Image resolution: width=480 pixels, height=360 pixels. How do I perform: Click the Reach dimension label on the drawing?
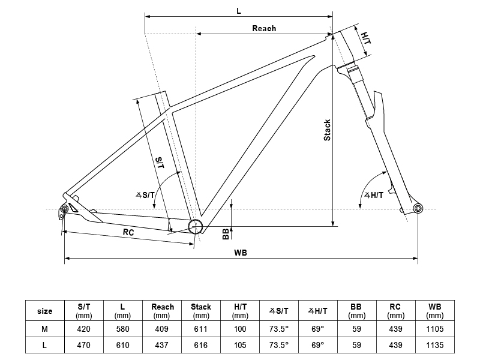pyautogui.click(x=264, y=28)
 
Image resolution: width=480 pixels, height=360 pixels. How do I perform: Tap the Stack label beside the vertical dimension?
pyautogui.click(x=327, y=130)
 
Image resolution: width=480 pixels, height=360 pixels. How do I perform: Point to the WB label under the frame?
pyautogui.click(x=241, y=253)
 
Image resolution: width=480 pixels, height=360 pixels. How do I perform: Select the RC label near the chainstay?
pyautogui.click(x=128, y=232)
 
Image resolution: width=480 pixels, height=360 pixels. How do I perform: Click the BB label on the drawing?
pyautogui.click(x=226, y=234)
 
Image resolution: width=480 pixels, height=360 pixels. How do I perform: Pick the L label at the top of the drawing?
pyautogui.click(x=239, y=10)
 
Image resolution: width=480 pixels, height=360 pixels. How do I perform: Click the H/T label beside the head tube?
pyautogui.click(x=366, y=38)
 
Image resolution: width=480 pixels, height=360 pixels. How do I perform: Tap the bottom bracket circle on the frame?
pyautogui.click(x=195, y=226)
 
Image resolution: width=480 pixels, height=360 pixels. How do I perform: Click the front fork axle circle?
pyautogui.click(x=418, y=208)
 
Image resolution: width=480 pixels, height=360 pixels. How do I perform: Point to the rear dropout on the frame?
pyautogui.click(x=63, y=209)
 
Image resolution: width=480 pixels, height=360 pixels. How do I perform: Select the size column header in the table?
pyautogui.click(x=44, y=311)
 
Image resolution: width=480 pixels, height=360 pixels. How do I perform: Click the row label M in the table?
pyautogui.click(x=44, y=328)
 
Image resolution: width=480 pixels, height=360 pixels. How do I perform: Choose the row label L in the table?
pyautogui.click(x=44, y=345)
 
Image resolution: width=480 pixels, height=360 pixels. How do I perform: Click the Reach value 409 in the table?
pyautogui.click(x=162, y=328)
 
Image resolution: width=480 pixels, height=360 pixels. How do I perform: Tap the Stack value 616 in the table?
pyautogui.click(x=201, y=345)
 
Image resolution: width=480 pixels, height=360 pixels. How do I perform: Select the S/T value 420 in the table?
pyautogui.click(x=84, y=328)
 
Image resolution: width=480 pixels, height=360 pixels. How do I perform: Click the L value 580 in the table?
pyautogui.click(x=122, y=328)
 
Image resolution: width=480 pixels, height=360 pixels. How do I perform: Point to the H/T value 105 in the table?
pyautogui.click(x=240, y=345)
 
